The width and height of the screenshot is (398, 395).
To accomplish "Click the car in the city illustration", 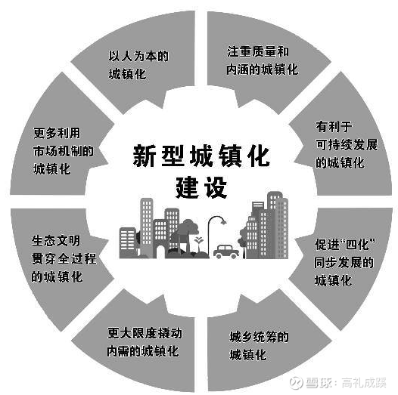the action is tap(226, 252).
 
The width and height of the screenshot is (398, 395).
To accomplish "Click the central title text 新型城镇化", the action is tap(201, 156).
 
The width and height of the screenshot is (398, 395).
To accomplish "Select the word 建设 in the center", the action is tap(201, 187).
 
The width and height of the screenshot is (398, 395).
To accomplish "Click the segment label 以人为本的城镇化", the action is tap(138, 65).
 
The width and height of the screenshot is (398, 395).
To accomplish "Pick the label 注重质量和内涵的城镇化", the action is tap(263, 60).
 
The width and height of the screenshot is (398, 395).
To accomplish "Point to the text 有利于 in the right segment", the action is tap(334, 126).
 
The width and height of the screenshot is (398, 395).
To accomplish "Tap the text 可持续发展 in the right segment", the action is tap(347, 145).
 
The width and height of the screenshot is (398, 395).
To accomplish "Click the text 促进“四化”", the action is tap(345, 244).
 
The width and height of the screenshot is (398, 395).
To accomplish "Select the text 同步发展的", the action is tap(344, 262).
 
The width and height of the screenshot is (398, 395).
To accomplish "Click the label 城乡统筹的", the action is tap(259, 337).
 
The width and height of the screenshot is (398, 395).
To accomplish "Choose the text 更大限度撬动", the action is tap(145, 333).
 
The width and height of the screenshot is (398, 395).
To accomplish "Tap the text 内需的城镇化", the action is tap(143, 351).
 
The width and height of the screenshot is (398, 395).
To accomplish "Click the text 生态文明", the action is tap(56, 240).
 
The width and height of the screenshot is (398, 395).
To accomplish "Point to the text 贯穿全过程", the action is tap(64, 259).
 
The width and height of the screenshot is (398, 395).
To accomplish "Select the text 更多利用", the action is tap(57, 133).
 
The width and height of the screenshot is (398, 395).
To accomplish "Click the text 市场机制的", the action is tap(64, 151).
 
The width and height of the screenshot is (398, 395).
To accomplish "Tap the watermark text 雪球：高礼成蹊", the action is tap(337, 383).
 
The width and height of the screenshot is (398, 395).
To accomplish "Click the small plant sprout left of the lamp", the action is tap(199, 244).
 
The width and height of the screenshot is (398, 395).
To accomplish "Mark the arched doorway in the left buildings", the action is tap(160, 252).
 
